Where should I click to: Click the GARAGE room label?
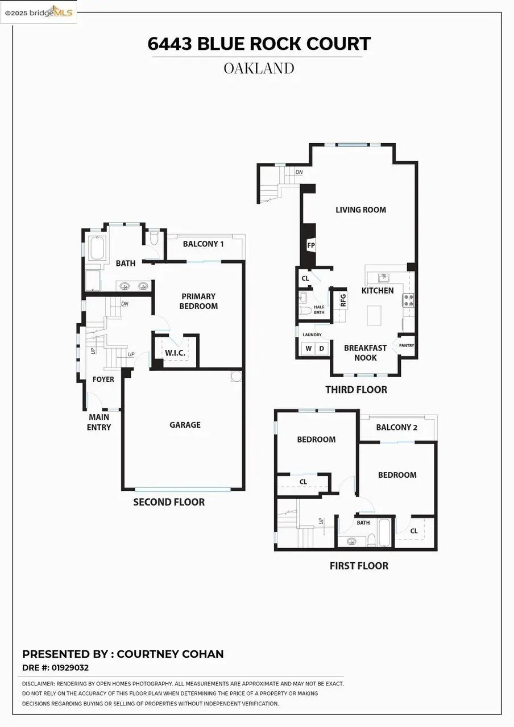[185, 425]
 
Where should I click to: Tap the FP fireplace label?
[311, 245]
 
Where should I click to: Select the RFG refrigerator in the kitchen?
[343, 300]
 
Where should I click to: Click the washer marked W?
[309, 348]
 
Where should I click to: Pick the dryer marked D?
[321, 348]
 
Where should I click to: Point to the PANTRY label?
[407, 345]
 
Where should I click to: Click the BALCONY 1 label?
[203, 244]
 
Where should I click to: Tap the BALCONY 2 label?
[396, 427]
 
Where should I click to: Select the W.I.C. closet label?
[175, 353]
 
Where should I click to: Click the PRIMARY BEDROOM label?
[199, 301]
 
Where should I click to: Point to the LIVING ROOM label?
[360, 210]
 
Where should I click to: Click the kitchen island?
[374, 315]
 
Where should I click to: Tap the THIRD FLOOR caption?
[356, 390]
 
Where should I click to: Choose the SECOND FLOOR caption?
[169, 502]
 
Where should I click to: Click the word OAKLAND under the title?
[259, 69]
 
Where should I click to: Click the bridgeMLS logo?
[39, 12]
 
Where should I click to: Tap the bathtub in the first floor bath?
[385, 532]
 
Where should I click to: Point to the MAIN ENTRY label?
[99, 422]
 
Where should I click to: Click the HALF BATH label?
[319, 310]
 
